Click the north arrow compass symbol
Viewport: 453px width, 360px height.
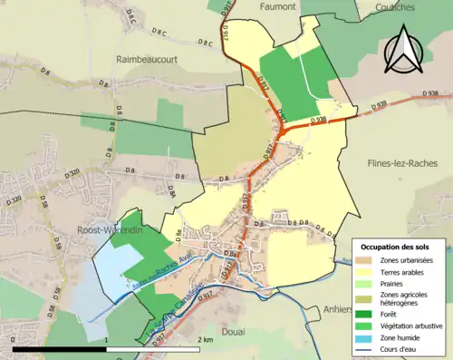pos(405,50)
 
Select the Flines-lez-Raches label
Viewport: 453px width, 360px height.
pos(400,165)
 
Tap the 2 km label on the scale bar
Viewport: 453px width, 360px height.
pos(205,339)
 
